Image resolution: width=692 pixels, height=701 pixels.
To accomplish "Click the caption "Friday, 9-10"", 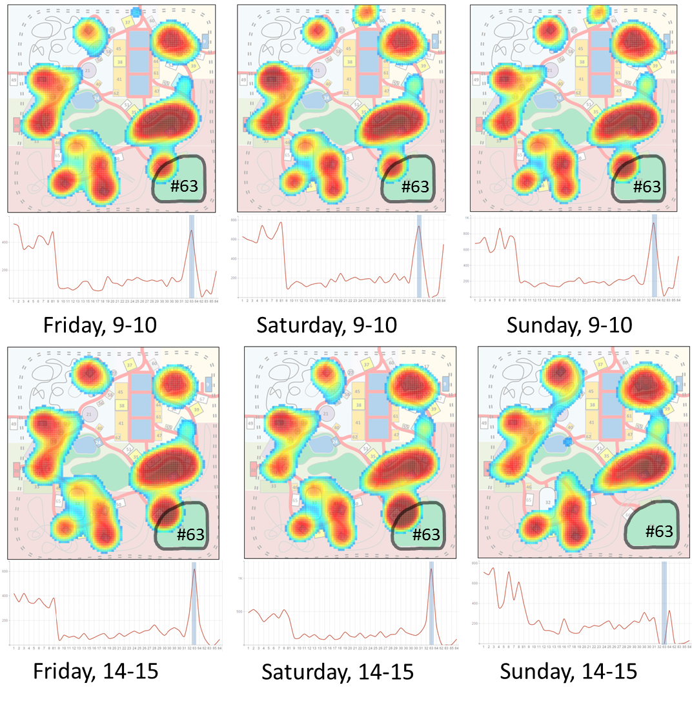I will pyautogui.click(x=99, y=325).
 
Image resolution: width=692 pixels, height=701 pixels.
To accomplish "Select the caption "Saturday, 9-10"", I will pyautogui.click(x=326, y=325).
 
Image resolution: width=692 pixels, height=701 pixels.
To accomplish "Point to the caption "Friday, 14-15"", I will pyautogui.click(x=96, y=672).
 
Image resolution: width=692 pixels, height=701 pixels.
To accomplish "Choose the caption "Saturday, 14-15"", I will pyautogui.click(x=337, y=672).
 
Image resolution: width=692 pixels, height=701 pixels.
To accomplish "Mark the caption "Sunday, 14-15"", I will pyautogui.click(x=568, y=671).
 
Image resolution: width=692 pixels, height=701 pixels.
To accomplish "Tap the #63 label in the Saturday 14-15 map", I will pyautogui.click(x=425, y=534).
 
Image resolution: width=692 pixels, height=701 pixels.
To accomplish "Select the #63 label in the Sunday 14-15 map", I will pyautogui.click(x=659, y=531).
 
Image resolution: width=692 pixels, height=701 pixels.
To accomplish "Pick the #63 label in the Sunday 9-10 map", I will pyautogui.click(x=647, y=187).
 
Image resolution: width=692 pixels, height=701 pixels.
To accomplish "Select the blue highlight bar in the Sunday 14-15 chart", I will pyautogui.click(x=664, y=604).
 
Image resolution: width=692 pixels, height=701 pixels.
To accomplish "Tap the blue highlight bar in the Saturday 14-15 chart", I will pyautogui.click(x=431, y=604).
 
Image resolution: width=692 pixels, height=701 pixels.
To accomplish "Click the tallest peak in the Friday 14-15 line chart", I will pyautogui.click(x=194, y=570).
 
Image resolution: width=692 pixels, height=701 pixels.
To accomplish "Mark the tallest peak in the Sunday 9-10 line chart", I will pyautogui.click(x=654, y=223).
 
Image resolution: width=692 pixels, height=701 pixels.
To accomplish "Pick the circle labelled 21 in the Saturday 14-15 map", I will pyautogui.click(x=326, y=414).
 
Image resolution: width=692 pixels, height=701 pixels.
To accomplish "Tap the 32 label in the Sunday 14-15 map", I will pyautogui.click(x=548, y=502).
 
